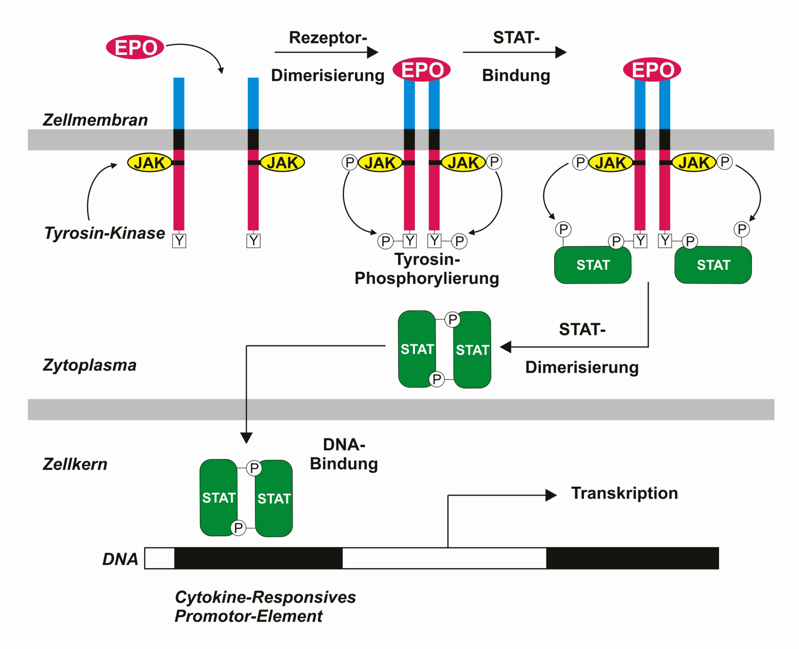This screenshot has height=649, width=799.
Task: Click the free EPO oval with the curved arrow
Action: click(135, 47)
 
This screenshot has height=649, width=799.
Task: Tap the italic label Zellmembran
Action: click(95, 120)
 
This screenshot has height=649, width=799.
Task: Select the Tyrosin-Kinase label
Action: click(104, 233)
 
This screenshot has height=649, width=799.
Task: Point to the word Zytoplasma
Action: click(89, 365)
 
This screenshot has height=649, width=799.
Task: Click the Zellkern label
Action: click(75, 464)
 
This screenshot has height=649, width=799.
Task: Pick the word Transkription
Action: click(624, 493)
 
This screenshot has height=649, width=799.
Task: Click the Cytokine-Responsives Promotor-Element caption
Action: click(265, 607)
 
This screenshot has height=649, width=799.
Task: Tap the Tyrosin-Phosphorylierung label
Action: click(427, 269)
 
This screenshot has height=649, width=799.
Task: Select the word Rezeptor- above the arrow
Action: click(328, 37)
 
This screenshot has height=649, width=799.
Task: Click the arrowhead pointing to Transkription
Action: click(551, 496)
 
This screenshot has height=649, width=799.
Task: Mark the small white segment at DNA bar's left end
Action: click(159, 558)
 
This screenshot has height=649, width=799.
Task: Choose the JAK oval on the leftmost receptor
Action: click(149, 163)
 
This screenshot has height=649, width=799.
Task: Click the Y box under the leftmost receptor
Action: click(179, 241)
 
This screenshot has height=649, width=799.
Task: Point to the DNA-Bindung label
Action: click(344, 454)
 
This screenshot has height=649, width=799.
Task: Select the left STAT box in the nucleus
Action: click(218, 498)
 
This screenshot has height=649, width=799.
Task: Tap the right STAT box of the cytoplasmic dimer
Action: click(472, 350)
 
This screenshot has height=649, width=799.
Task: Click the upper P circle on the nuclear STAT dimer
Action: click(254, 468)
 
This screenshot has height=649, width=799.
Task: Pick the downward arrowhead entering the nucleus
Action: click(246, 438)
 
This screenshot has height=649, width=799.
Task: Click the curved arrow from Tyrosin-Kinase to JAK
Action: click(94, 189)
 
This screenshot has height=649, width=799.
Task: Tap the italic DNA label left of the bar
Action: click(120, 559)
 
